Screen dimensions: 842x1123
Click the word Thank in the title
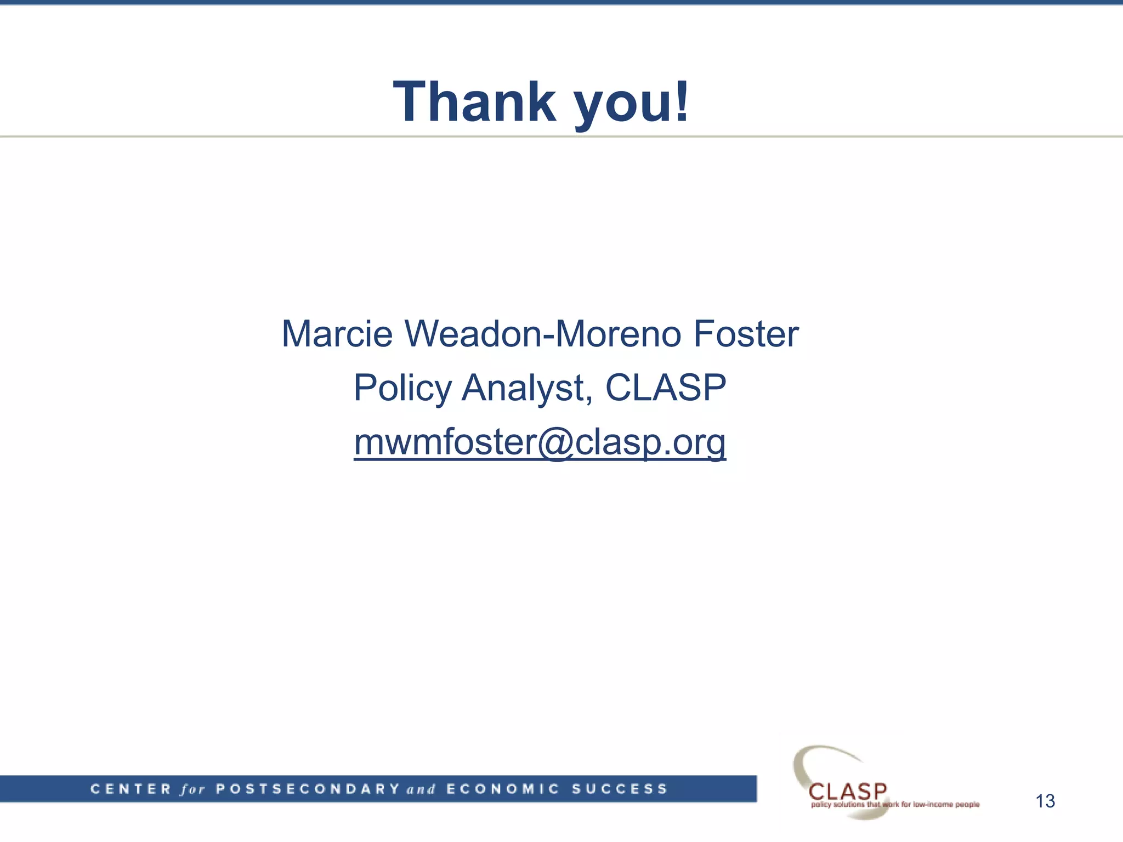pyautogui.click(x=475, y=102)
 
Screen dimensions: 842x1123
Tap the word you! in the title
pyautogui.click(x=631, y=104)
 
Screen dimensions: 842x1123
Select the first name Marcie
pyautogui.click(x=337, y=334)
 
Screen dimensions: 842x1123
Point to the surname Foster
pyautogui.click(x=746, y=334)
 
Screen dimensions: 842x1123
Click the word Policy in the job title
pyautogui.click(x=403, y=388)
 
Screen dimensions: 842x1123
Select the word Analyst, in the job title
pyautogui.click(x=526, y=388)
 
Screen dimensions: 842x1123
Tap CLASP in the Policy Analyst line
pyautogui.click(x=666, y=388)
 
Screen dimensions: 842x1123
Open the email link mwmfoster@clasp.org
pyautogui.click(x=540, y=442)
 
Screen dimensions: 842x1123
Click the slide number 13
pyautogui.click(x=1045, y=801)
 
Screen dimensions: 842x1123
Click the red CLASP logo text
pyautogui.click(x=848, y=791)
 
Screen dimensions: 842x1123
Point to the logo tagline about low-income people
pyautogui.click(x=895, y=805)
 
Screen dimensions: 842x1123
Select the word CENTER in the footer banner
pyautogui.click(x=131, y=789)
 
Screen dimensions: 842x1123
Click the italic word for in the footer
pyautogui.click(x=192, y=789)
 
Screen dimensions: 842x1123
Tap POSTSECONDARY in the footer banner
pyautogui.click(x=308, y=789)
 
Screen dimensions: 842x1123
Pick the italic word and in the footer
pyautogui.click(x=421, y=789)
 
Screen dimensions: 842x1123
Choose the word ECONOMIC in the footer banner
pyautogui.click(x=503, y=789)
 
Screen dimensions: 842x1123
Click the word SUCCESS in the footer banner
pyautogui.click(x=620, y=789)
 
